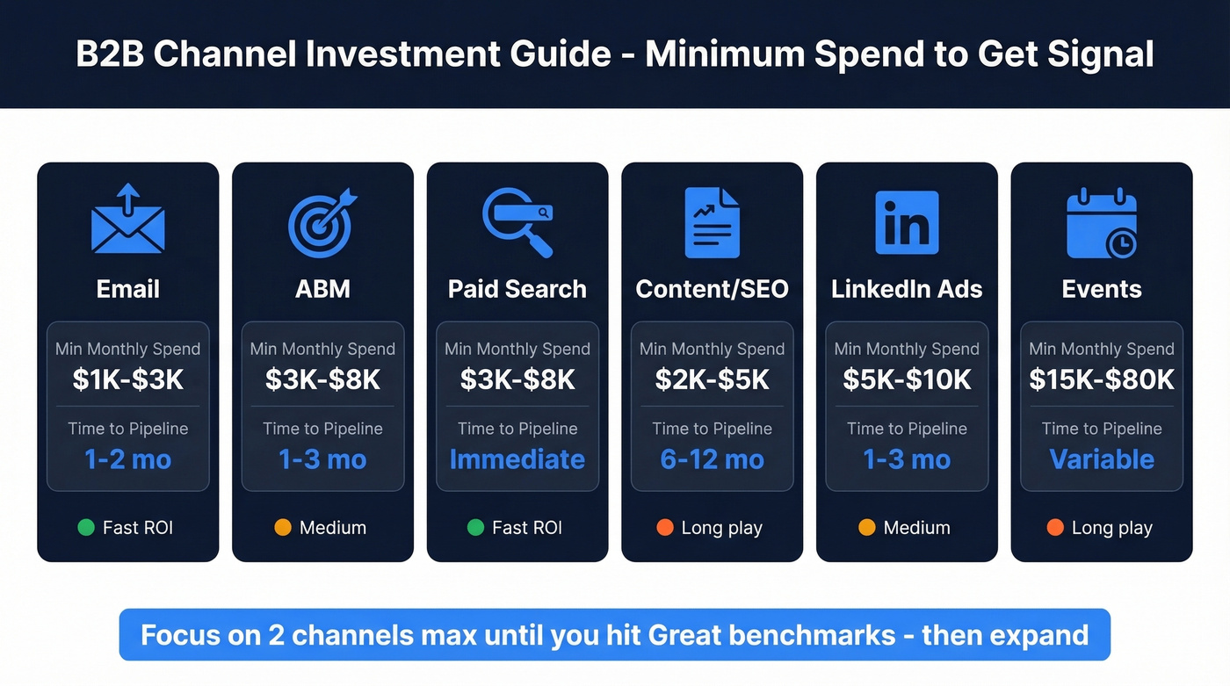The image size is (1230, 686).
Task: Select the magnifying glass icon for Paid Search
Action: [x=517, y=222]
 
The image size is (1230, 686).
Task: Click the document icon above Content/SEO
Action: [x=712, y=222]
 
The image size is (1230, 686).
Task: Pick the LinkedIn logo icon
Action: [x=907, y=222]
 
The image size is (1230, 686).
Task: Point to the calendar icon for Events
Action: [x=1102, y=224]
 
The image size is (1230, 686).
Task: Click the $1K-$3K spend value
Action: [x=128, y=379]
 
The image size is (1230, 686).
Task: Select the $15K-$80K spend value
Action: [x=1102, y=379]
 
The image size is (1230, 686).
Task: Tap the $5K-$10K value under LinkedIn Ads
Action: [x=907, y=379]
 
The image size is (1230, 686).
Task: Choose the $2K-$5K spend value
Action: [x=712, y=379]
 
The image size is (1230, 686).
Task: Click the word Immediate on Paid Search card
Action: [x=517, y=459]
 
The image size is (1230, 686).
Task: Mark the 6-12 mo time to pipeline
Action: [x=712, y=459]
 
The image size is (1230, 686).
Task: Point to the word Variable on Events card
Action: [x=1102, y=459]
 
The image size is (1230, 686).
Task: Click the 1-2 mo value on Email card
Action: [x=128, y=459]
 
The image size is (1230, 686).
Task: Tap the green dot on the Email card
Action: [x=86, y=528]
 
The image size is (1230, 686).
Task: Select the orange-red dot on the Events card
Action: [x=1055, y=528]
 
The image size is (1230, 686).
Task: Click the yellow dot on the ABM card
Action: [x=282, y=528]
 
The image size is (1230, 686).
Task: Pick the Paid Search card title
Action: [x=517, y=289]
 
